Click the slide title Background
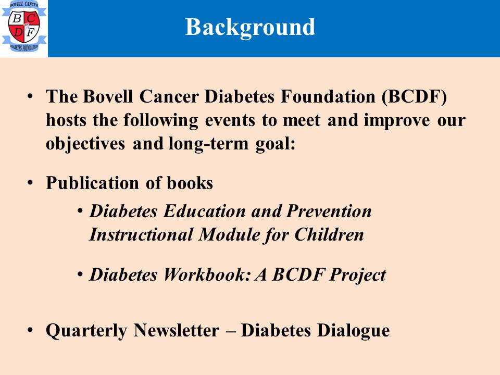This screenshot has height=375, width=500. pyautogui.click(x=250, y=28)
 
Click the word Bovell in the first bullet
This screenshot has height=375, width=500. pyautogui.click(x=107, y=96)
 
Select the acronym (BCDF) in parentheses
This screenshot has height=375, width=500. pyautogui.click(x=414, y=97)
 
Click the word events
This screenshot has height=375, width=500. pyautogui.click(x=230, y=120)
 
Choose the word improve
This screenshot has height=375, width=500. pyautogui.click(x=397, y=121)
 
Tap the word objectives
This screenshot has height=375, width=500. pyautogui.click(x=85, y=144)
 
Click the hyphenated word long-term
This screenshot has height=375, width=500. pyautogui.click(x=208, y=144)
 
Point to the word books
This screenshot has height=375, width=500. pyautogui.click(x=190, y=183)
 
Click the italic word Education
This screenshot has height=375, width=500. pyautogui.click(x=204, y=211)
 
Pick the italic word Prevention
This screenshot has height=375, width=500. pyautogui.click(x=329, y=211)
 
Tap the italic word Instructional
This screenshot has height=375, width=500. pyautogui.click(x=141, y=234)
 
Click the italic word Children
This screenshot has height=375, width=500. pyautogui.click(x=329, y=234)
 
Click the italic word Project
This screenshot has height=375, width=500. pyautogui.click(x=357, y=275)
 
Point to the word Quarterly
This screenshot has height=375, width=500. pyautogui.click(x=86, y=331)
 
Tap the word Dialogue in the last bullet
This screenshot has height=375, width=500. pyautogui.click(x=353, y=331)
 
